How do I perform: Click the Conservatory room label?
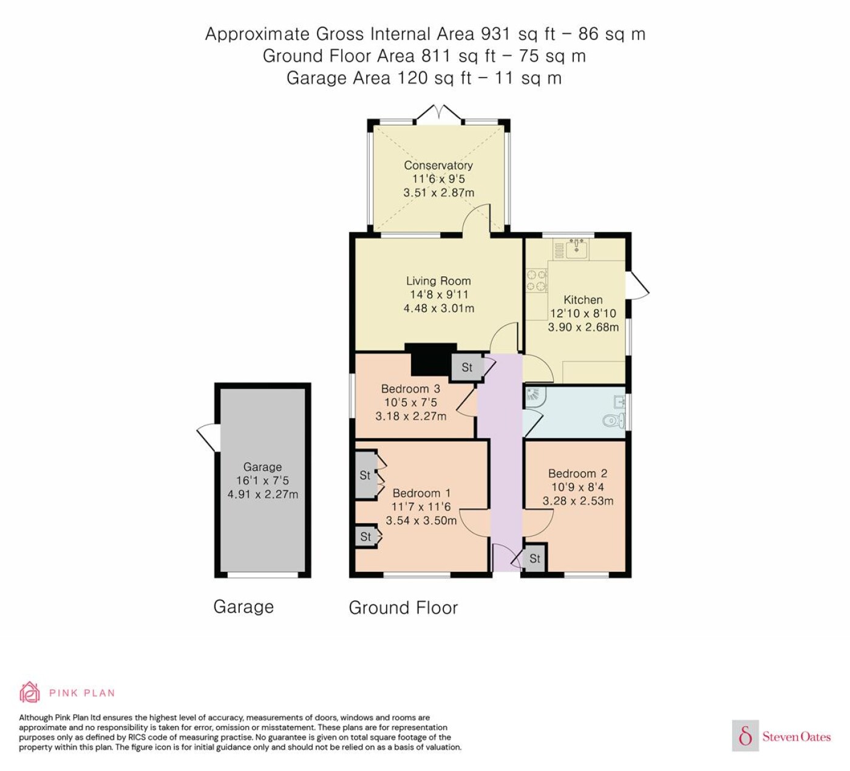coord(438,165)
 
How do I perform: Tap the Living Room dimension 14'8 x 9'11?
coord(438,294)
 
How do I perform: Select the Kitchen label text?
coord(583,300)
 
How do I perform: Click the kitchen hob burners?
coord(537,281)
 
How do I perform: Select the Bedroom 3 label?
coord(410,389)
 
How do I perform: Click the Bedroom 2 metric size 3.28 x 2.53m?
coord(578,501)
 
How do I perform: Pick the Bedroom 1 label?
coord(421,493)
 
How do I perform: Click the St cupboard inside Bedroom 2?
coord(534,559)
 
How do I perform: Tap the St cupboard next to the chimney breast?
coord(466,367)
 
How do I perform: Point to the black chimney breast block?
coord(430,359)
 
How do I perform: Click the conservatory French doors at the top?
coord(438,113)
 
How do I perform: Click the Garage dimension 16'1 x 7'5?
coord(262,480)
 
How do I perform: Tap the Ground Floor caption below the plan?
coord(403,608)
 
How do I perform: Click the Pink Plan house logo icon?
coord(30,693)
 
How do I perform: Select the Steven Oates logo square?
coord(746,735)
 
